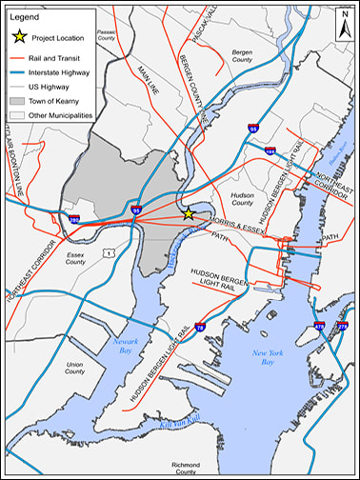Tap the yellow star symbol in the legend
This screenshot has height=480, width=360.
pos(17,37)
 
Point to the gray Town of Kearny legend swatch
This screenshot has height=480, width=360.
pos(17,100)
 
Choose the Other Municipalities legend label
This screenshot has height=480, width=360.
pos(63,115)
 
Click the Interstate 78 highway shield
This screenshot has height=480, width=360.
pos(200,327)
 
